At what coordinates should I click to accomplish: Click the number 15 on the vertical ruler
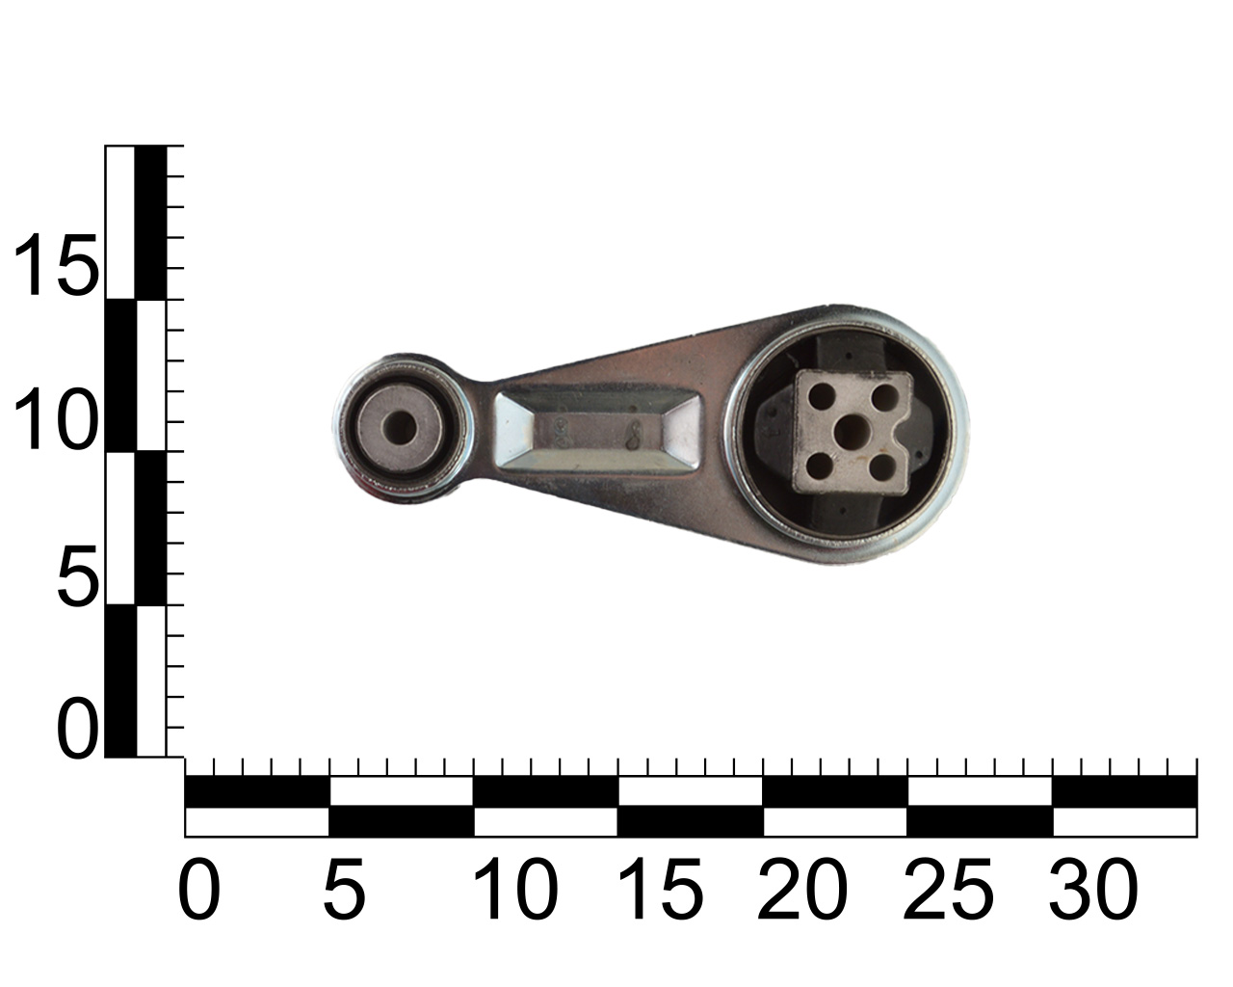click(x=56, y=265)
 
